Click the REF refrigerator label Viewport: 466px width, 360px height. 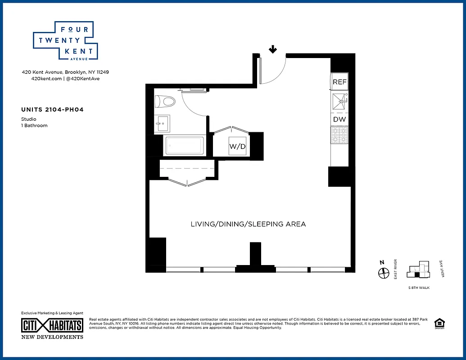coord(339,82)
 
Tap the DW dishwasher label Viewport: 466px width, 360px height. coord(339,119)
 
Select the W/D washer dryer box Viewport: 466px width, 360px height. coord(237,146)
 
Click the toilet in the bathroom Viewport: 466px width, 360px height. coord(165,101)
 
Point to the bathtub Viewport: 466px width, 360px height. coord(185,145)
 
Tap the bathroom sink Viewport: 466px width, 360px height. coord(162,121)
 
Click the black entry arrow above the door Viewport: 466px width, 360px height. coord(272,49)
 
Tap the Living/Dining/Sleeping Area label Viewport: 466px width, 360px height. coord(248,224)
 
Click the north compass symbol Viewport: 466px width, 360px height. coord(383,273)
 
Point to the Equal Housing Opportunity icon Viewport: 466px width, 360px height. coord(438,324)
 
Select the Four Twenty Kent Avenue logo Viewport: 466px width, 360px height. coord(65,40)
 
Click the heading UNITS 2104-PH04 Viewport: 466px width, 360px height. coord(52,109)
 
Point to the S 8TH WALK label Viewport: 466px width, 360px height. coord(418,287)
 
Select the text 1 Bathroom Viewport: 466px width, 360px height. coord(34,126)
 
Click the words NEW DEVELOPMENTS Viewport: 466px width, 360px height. coord(52,337)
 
